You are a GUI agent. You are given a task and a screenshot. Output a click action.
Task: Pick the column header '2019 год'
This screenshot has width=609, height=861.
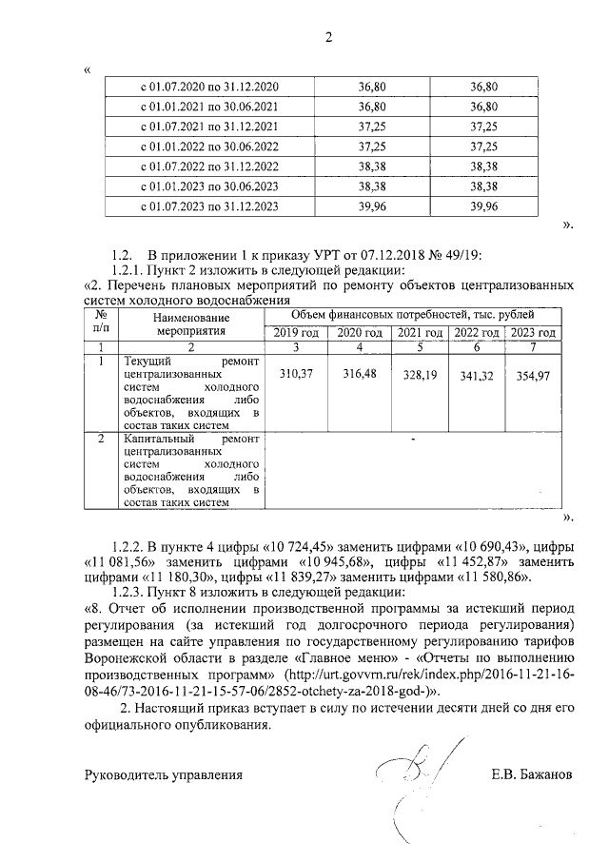point(298,333)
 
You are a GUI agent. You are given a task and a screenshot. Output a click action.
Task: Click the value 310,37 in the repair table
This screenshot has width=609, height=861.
point(298,375)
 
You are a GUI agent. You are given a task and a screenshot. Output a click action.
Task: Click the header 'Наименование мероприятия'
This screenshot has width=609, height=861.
point(192,323)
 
